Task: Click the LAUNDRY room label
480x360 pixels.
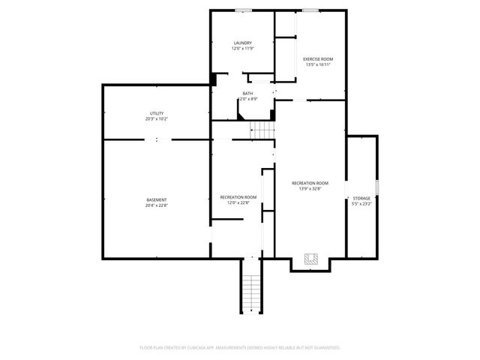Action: [242, 43]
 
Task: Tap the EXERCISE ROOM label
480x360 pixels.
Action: [318, 59]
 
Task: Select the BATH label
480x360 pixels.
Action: [247, 94]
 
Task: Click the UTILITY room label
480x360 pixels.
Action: [156, 113]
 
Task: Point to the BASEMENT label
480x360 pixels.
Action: [156, 199]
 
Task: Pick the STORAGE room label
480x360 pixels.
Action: [361, 198]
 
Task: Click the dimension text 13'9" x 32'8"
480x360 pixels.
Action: [310, 188]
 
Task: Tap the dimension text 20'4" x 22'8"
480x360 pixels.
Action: [156, 205]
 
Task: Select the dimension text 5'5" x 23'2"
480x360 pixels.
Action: [361, 203]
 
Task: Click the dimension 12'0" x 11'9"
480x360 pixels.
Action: [242, 49]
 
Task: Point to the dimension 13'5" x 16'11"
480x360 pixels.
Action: [318, 64]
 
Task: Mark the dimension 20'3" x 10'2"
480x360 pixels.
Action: [156, 118]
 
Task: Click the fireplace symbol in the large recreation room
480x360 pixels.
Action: [311, 259]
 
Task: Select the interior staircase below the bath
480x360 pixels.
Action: [263, 130]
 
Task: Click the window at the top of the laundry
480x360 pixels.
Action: [242, 10]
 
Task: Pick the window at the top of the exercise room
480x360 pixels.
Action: [310, 10]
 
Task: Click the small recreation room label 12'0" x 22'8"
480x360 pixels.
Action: [238, 202]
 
